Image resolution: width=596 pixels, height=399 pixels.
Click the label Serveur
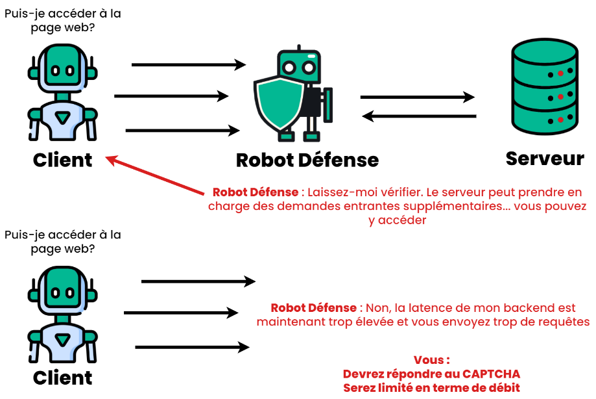click(x=545, y=158)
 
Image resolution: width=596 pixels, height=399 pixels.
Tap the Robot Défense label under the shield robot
click(x=307, y=159)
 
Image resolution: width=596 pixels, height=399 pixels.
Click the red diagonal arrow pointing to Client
click(x=156, y=175)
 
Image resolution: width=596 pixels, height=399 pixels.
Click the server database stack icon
click(x=543, y=84)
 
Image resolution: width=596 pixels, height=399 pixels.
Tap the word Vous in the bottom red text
click(x=428, y=361)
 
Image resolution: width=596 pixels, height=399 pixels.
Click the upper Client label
click(x=62, y=159)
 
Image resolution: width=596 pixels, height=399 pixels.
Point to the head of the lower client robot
click(x=62, y=286)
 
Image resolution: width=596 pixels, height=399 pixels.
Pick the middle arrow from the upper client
click(x=171, y=97)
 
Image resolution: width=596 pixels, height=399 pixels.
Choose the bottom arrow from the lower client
click(x=192, y=347)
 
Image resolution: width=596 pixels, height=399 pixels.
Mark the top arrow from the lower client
click(x=198, y=281)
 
